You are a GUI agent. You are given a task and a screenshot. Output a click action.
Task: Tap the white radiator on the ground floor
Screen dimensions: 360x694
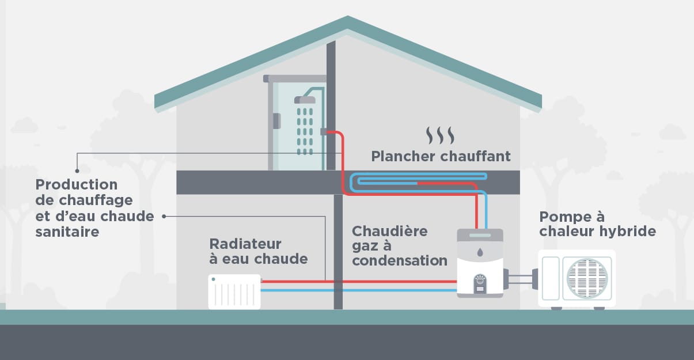tap(234, 292)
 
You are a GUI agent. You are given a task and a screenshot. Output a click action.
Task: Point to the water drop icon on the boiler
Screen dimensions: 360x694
tap(480, 251)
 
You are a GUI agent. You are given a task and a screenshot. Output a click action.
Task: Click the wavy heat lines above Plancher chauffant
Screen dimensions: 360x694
tap(440, 136)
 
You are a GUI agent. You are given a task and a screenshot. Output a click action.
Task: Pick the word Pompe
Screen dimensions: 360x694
tap(560, 217)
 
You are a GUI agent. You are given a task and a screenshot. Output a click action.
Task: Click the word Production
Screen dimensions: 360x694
tap(76, 185)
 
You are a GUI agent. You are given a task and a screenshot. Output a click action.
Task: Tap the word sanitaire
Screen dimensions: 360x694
tap(67, 232)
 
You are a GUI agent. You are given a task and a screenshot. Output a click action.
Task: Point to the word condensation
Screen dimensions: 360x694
tap(400, 260)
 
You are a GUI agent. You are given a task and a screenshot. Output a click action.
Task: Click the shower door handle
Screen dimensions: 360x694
tap(277, 121)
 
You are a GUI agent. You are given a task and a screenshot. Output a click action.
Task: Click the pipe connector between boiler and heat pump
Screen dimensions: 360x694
tap(521, 281)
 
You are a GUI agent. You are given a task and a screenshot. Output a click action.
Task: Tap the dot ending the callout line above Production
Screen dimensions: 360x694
tap(77, 170)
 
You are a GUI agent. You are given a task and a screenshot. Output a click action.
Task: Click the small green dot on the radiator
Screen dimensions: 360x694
tap(214, 279)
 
